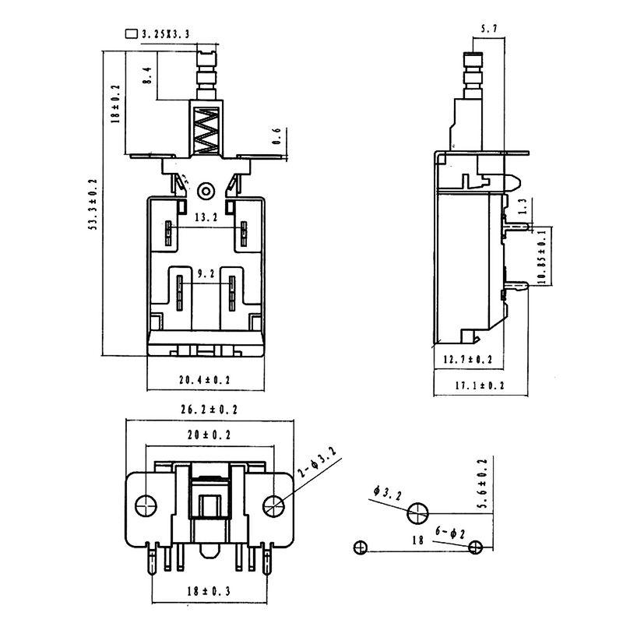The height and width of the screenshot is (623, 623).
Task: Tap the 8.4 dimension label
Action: (x=146, y=76)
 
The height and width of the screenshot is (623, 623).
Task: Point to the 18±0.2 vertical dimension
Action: (x=115, y=104)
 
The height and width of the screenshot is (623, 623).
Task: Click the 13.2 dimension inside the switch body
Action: (x=206, y=219)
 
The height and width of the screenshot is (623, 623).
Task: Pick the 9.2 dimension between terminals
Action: (x=206, y=274)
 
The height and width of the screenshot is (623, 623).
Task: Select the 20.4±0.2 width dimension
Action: (x=206, y=380)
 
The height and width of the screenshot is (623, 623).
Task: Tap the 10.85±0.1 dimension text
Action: (x=542, y=259)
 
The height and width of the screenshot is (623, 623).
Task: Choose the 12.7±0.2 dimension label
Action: (x=467, y=359)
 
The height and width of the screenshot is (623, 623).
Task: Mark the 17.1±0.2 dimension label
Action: (x=480, y=385)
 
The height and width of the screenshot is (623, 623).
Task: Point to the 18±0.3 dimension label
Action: (x=211, y=592)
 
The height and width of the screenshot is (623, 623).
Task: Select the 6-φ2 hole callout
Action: (x=451, y=532)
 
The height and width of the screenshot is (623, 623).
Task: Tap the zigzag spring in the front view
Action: (x=206, y=128)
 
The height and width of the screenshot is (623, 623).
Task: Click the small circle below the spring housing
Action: (x=206, y=189)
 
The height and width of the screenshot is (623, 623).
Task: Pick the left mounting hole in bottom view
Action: (x=145, y=505)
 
